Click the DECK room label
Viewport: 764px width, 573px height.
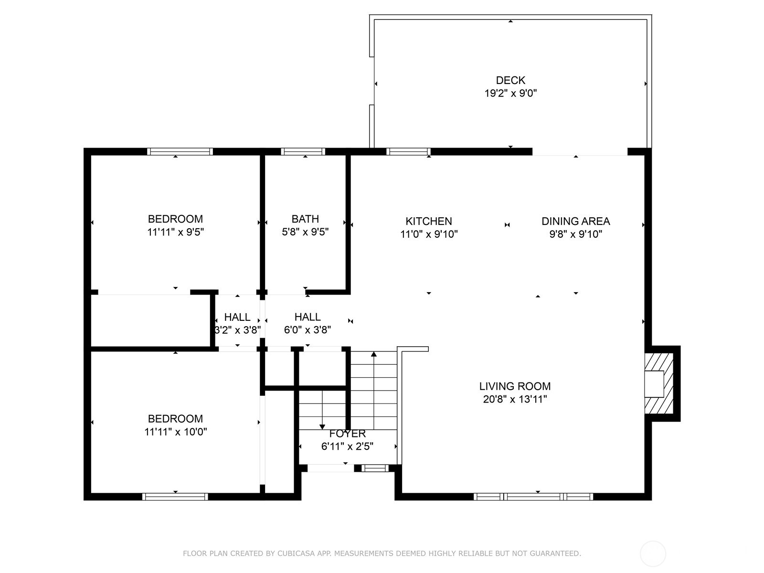coord(510,80)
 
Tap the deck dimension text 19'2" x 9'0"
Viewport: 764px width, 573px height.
coord(510,93)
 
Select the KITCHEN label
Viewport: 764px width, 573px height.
coord(428,221)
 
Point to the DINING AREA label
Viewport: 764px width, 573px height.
coord(576,221)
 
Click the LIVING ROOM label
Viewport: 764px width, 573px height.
coord(515,386)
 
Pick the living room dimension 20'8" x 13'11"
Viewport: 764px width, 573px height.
coord(515,399)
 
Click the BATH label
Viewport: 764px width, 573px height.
coord(305,219)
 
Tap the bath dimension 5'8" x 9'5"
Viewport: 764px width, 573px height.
coord(305,232)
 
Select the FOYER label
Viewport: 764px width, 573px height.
coord(347,434)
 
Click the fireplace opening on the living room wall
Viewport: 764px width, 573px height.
coord(654,384)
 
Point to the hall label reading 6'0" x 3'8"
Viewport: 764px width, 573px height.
coord(308,330)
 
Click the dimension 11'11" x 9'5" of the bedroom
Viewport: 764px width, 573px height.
coord(175,232)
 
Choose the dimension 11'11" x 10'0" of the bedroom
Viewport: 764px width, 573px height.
coord(175,432)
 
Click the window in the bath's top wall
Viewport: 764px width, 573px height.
coord(303,152)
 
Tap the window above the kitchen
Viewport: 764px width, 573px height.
coord(408,152)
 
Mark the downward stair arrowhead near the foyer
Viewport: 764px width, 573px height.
coord(322,427)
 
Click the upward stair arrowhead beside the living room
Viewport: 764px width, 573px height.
coord(374,354)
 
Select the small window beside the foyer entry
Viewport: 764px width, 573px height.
coord(375,468)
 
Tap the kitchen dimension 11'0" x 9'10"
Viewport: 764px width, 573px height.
coord(429,234)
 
